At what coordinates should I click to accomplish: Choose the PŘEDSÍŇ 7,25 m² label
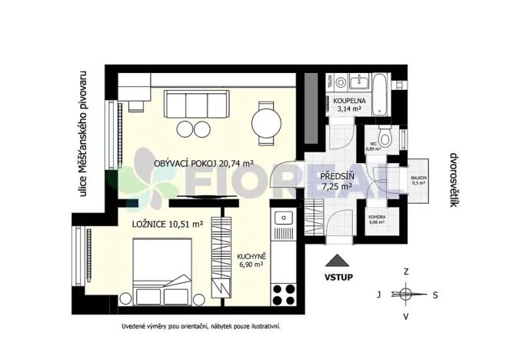337,181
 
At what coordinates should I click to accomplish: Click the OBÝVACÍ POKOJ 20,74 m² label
204,164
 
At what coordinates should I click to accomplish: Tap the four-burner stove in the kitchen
283,292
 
